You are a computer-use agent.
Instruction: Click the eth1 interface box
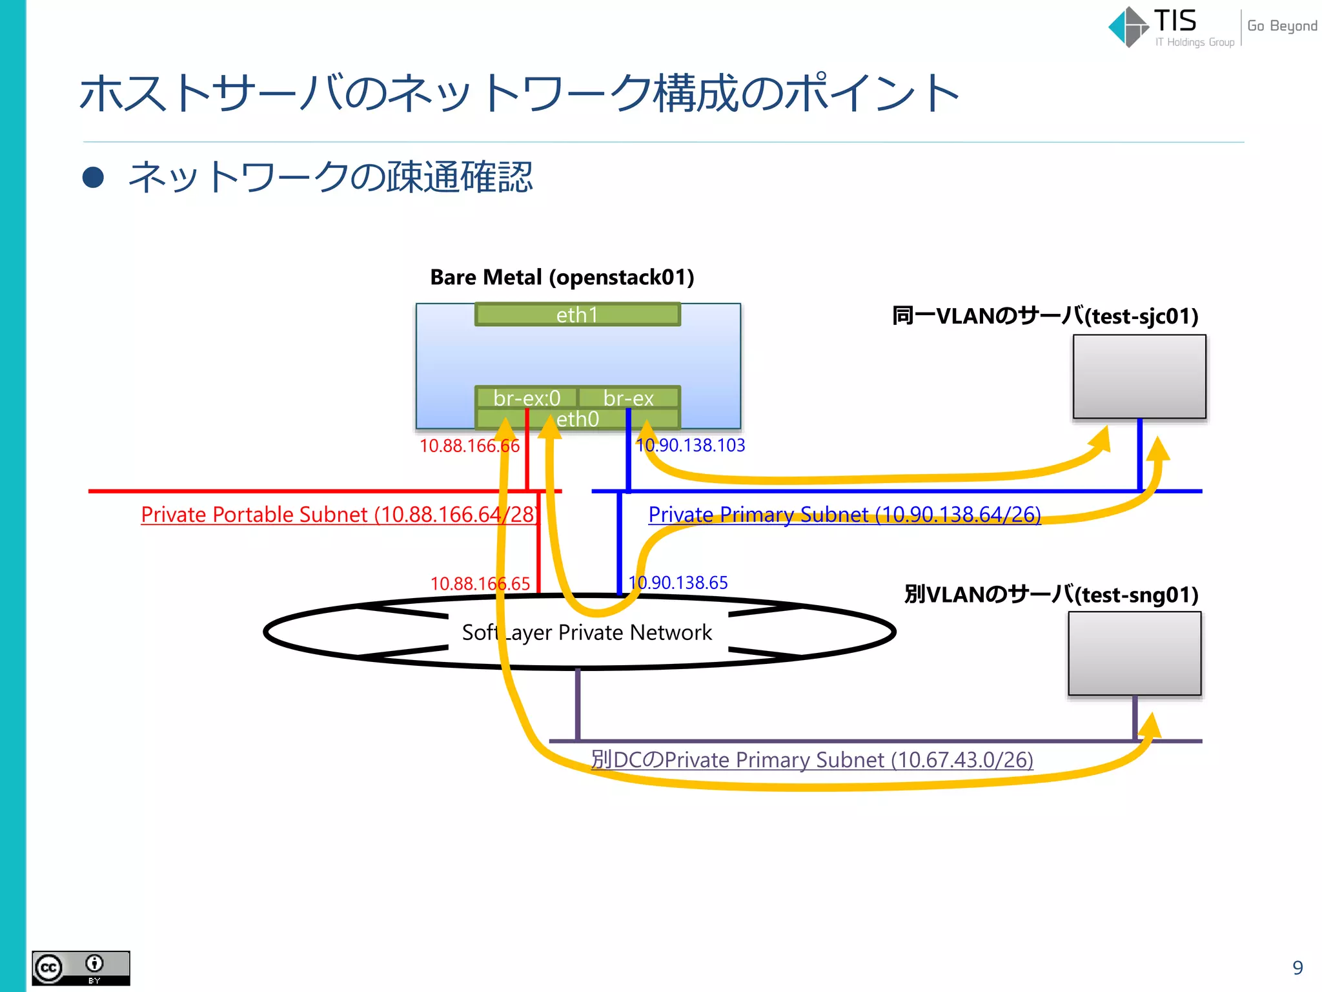pyautogui.click(x=578, y=315)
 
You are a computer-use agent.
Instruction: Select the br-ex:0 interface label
pyautogui.click(x=526, y=398)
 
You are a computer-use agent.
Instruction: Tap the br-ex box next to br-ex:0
pyautogui.click(x=629, y=398)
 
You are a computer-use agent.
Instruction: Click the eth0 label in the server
pyautogui.click(x=578, y=419)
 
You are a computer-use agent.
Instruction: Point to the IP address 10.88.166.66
pyautogui.click(x=469, y=446)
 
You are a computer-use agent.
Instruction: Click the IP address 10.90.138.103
pyautogui.click(x=691, y=445)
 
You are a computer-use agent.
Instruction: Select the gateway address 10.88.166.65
pyautogui.click(x=480, y=584)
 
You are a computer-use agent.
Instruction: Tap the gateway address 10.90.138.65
pyautogui.click(x=678, y=583)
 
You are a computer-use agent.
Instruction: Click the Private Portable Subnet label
pyautogui.click(x=339, y=515)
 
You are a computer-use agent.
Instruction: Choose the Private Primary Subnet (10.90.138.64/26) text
pyautogui.click(x=844, y=515)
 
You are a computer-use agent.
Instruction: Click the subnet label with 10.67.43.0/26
pyautogui.click(x=812, y=760)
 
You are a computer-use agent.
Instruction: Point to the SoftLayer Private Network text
pyautogui.click(x=587, y=632)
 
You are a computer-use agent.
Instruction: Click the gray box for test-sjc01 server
pyautogui.click(x=1139, y=377)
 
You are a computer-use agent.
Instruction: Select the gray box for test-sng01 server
pyautogui.click(x=1135, y=654)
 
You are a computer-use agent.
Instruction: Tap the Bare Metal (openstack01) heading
pyautogui.click(x=562, y=277)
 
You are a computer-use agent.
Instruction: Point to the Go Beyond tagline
pyautogui.click(x=1282, y=26)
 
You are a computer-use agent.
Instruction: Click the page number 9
pyautogui.click(x=1297, y=967)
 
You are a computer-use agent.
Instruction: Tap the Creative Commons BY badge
pyautogui.click(x=81, y=967)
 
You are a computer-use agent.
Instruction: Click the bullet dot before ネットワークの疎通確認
pyautogui.click(x=94, y=178)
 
